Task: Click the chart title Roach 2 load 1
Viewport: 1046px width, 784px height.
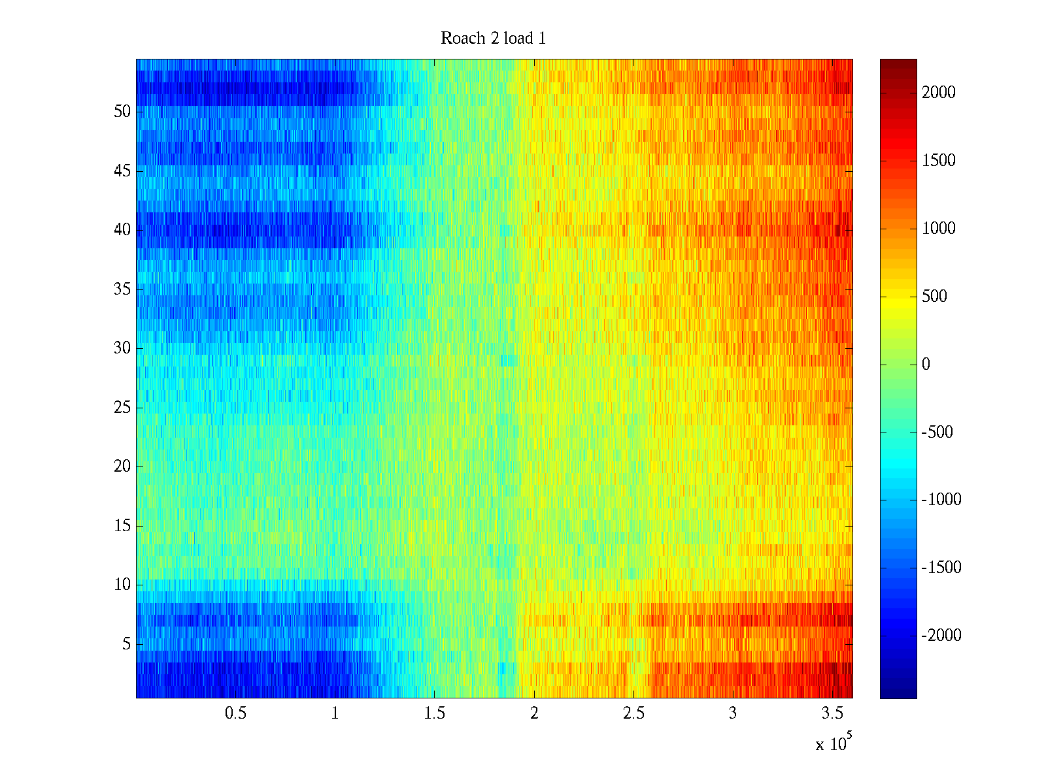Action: [493, 39]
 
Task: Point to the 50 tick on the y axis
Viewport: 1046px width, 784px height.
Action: [122, 111]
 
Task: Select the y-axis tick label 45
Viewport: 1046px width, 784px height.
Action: [122, 171]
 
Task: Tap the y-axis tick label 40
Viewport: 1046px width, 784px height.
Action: [122, 230]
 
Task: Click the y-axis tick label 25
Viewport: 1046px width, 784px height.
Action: [122, 408]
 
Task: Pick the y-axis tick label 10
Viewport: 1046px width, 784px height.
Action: [122, 585]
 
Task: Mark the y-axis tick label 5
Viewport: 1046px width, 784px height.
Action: [126, 644]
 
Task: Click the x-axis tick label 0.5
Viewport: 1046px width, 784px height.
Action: [235, 713]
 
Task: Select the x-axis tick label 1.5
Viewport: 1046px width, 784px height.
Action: [434, 713]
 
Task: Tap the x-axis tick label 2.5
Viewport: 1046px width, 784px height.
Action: [633, 713]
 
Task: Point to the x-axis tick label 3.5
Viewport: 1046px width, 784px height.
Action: [832, 713]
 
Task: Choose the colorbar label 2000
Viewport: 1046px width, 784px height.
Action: [939, 93]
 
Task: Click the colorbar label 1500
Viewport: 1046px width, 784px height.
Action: [939, 161]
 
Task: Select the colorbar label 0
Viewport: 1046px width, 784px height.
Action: [926, 365]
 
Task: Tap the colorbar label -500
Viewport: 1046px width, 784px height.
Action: [937, 433]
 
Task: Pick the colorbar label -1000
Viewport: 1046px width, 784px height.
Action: [941, 500]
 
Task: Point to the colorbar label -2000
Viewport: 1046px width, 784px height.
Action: [941, 636]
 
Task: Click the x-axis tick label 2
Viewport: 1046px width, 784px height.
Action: [534, 713]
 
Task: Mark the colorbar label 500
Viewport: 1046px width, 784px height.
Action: [934, 297]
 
